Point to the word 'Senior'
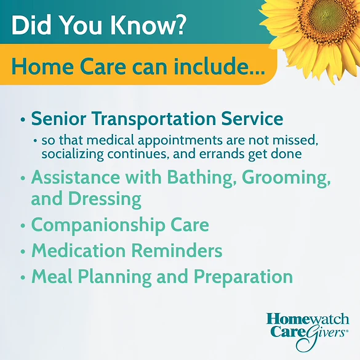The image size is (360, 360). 58,118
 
